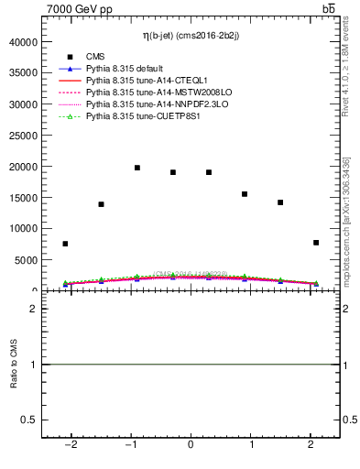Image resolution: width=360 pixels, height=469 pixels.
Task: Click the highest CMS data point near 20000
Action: [136, 168]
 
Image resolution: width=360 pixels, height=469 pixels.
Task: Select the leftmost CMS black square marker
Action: [65, 244]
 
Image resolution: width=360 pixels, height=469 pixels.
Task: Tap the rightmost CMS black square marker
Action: [316, 243]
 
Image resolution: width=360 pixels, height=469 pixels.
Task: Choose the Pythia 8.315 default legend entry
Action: [128, 69]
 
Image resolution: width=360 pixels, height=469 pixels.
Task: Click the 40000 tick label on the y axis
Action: [24, 42]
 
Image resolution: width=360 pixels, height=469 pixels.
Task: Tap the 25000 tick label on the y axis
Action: [24, 136]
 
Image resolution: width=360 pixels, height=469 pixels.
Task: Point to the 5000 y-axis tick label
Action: [27, 260]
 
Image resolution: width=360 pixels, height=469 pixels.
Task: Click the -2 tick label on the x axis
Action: [70, 445]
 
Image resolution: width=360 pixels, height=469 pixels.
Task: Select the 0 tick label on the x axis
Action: [191, 445]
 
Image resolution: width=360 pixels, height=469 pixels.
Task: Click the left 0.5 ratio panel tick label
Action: [31, 420]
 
